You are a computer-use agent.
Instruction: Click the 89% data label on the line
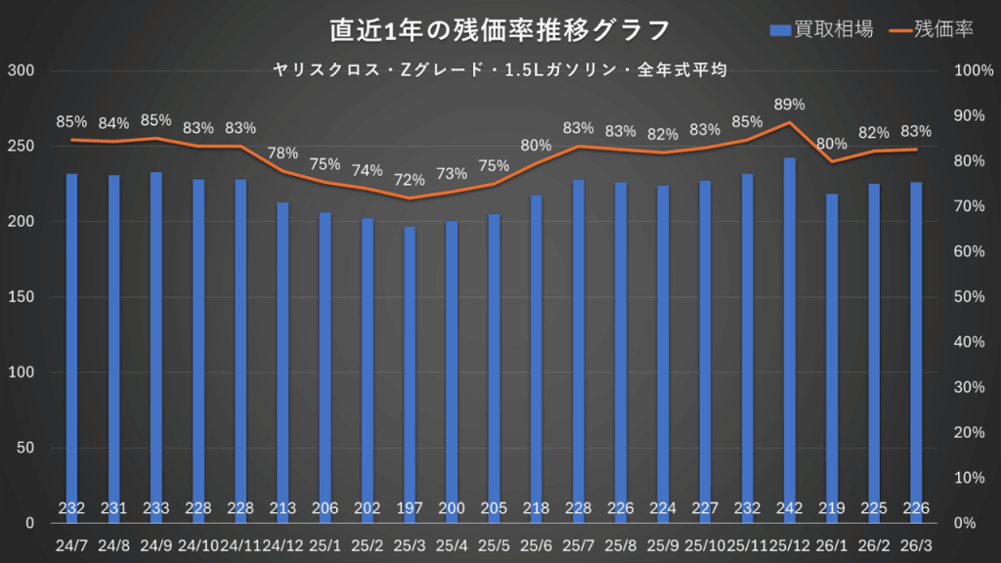pyautogui.click(x=789, y=105)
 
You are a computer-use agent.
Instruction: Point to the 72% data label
pyautogui.click(x=410, y=180)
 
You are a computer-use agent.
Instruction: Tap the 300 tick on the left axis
pyautogui.click(x=21, y=71)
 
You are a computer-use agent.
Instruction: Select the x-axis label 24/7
pyautogui.click(x=71, y=544)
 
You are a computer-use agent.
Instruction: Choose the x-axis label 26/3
pyautogui.click(x=916, y=544)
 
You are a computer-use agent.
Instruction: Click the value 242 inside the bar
pyautogui.click(x=790, y=508)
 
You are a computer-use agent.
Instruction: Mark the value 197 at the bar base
pyautogui.click(x=410, y=508)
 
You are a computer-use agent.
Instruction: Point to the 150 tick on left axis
pyautogui.click(x=21, y=297)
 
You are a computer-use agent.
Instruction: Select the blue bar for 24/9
pyautogui.click(x=155, y=342)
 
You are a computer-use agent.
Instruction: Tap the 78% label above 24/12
pyautogui.click(x=283, y=152)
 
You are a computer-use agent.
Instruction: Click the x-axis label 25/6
pyautogui.click(x=536, y=544)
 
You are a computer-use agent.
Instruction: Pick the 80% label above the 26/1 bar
pyautogui.click(x=832, y=144)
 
